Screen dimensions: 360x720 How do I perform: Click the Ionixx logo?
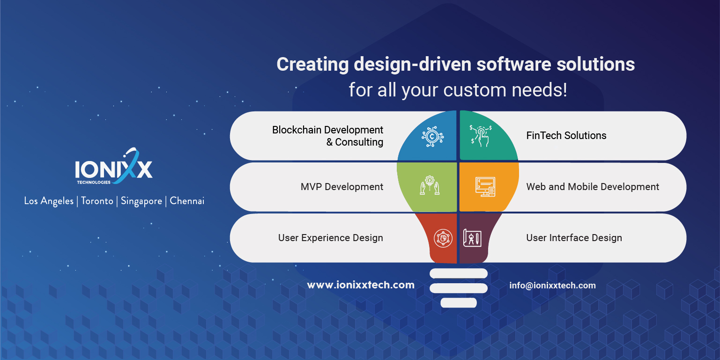(114, 168)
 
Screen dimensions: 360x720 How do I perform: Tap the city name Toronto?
(97, 201)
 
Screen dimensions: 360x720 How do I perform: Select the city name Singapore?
(141, 201)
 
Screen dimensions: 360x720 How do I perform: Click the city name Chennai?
(187, 201)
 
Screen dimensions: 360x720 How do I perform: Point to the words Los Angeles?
(49, 201)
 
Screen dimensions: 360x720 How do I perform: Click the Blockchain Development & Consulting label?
(327, 136)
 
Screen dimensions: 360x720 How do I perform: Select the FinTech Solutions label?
(566, 136)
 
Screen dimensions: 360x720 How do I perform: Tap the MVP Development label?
(341, 187)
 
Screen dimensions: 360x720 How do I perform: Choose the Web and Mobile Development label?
(592, 187)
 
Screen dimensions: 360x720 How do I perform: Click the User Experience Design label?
(330, 238)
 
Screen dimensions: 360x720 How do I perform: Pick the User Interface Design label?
(574, 238)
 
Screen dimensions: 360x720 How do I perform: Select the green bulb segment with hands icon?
(428, 187)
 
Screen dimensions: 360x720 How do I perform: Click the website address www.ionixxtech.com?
(360, 285)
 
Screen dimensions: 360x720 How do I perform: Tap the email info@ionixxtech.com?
(552, 285)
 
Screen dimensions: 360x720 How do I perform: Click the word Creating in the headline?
(312, 65)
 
